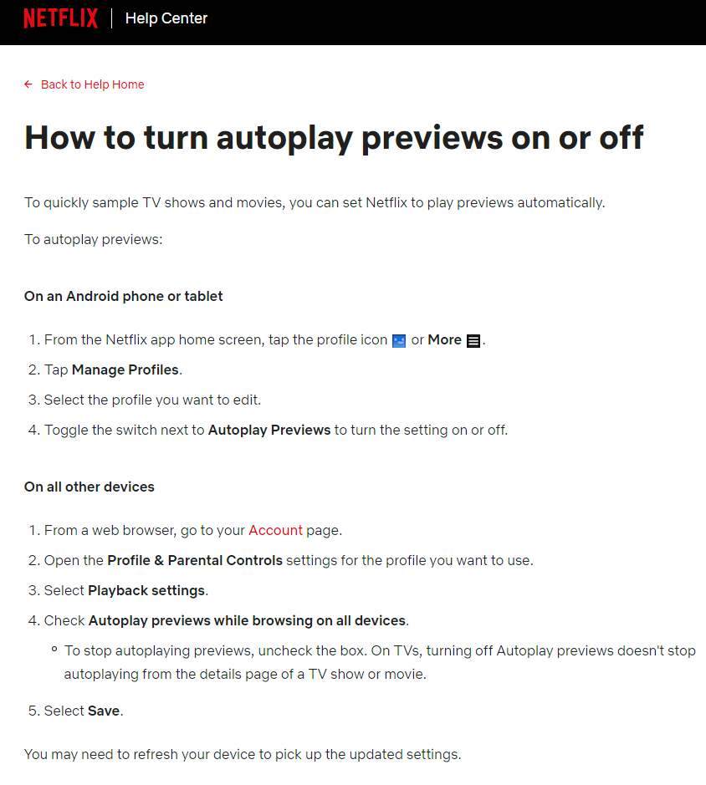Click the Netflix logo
pos(60,18)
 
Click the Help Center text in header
pos(166,18)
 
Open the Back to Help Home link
pos(92,84)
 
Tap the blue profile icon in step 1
pos(399,340)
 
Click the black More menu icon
pos(473,340)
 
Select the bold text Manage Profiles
pos(125,370)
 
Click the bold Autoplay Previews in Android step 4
pos(269,430)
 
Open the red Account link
pos(275,530)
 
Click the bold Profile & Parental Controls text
pos(195,560)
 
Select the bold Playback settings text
pos(146,590)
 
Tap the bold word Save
pos(105,711)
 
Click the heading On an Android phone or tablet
pos(124,296)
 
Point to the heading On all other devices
pos(90,487)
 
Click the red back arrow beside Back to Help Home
pos(28,84)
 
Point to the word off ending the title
pos(621,137)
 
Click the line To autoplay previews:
pos(93,239)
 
